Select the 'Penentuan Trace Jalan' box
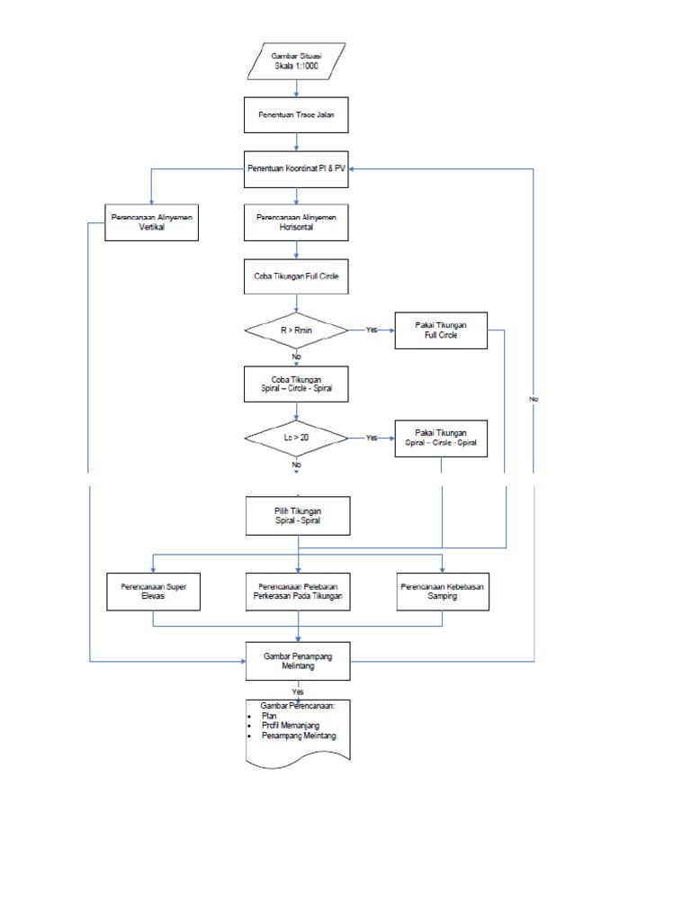point(296,115)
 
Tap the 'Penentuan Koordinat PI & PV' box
point(296,168)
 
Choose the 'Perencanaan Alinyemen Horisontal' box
point(296,222)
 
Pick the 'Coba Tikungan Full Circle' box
point(296,276)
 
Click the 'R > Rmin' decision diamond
point(296,330)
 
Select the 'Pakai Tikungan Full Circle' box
point(441,330)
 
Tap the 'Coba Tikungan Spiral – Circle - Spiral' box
point(296,384)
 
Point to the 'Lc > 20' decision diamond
point(296,438)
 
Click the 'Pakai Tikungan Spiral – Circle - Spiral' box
point(441,438)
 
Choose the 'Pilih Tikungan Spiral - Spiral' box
point(296,516)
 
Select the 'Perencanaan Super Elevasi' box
point(152,591)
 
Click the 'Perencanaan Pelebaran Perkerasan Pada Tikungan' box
point(296,591)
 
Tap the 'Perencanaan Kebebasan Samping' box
point(441,591)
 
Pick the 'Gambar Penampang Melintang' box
point(296,662)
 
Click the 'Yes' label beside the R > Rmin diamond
point(371,330)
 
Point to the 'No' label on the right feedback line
point(534,397)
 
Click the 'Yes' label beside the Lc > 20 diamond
point(371,438)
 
